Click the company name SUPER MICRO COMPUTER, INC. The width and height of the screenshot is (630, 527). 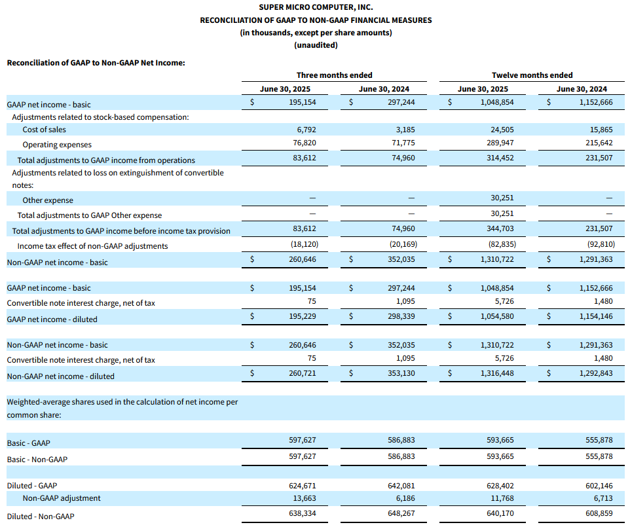pyautogui.click(x=316, y=7)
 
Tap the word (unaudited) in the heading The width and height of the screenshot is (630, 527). pyautogui.click(x=316, y=45)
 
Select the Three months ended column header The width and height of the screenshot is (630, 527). pyautogui.click(x=334, y=75)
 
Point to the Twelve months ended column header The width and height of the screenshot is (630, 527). pyautogui.click(x=532, y=75)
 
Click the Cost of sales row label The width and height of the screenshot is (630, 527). pyautogui.click(x=44, y=130)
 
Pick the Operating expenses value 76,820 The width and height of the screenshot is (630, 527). pyautogui.click(x=304, y=143)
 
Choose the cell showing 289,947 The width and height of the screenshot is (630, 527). pyautogui.click(x=500, y=143)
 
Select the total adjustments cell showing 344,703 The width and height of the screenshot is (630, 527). pyautogui.click(x=500, y=228)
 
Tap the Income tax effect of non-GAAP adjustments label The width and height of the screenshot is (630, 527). pyautogui.click(x=92, y=246)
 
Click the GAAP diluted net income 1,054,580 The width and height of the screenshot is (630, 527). pyautogui.click(x=497, y=316)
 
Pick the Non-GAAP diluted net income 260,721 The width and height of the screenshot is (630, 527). pyautogui.click(x=302, y=373)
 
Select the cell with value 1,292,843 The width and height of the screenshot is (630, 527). pyautogui.click(x=596, y=373)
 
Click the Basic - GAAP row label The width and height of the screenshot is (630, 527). pyautogui.click(x=29, y=443)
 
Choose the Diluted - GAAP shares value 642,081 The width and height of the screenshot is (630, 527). pyautogui.click(x=401, y=486)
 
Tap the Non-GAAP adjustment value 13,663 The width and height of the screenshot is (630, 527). pyautogui.click(x=304, y=498)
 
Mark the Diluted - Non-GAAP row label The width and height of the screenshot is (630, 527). pyautogui.click(x=41, y=516)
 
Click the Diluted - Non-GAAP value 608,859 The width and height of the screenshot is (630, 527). pyautogui.click(x=599, y=513)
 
